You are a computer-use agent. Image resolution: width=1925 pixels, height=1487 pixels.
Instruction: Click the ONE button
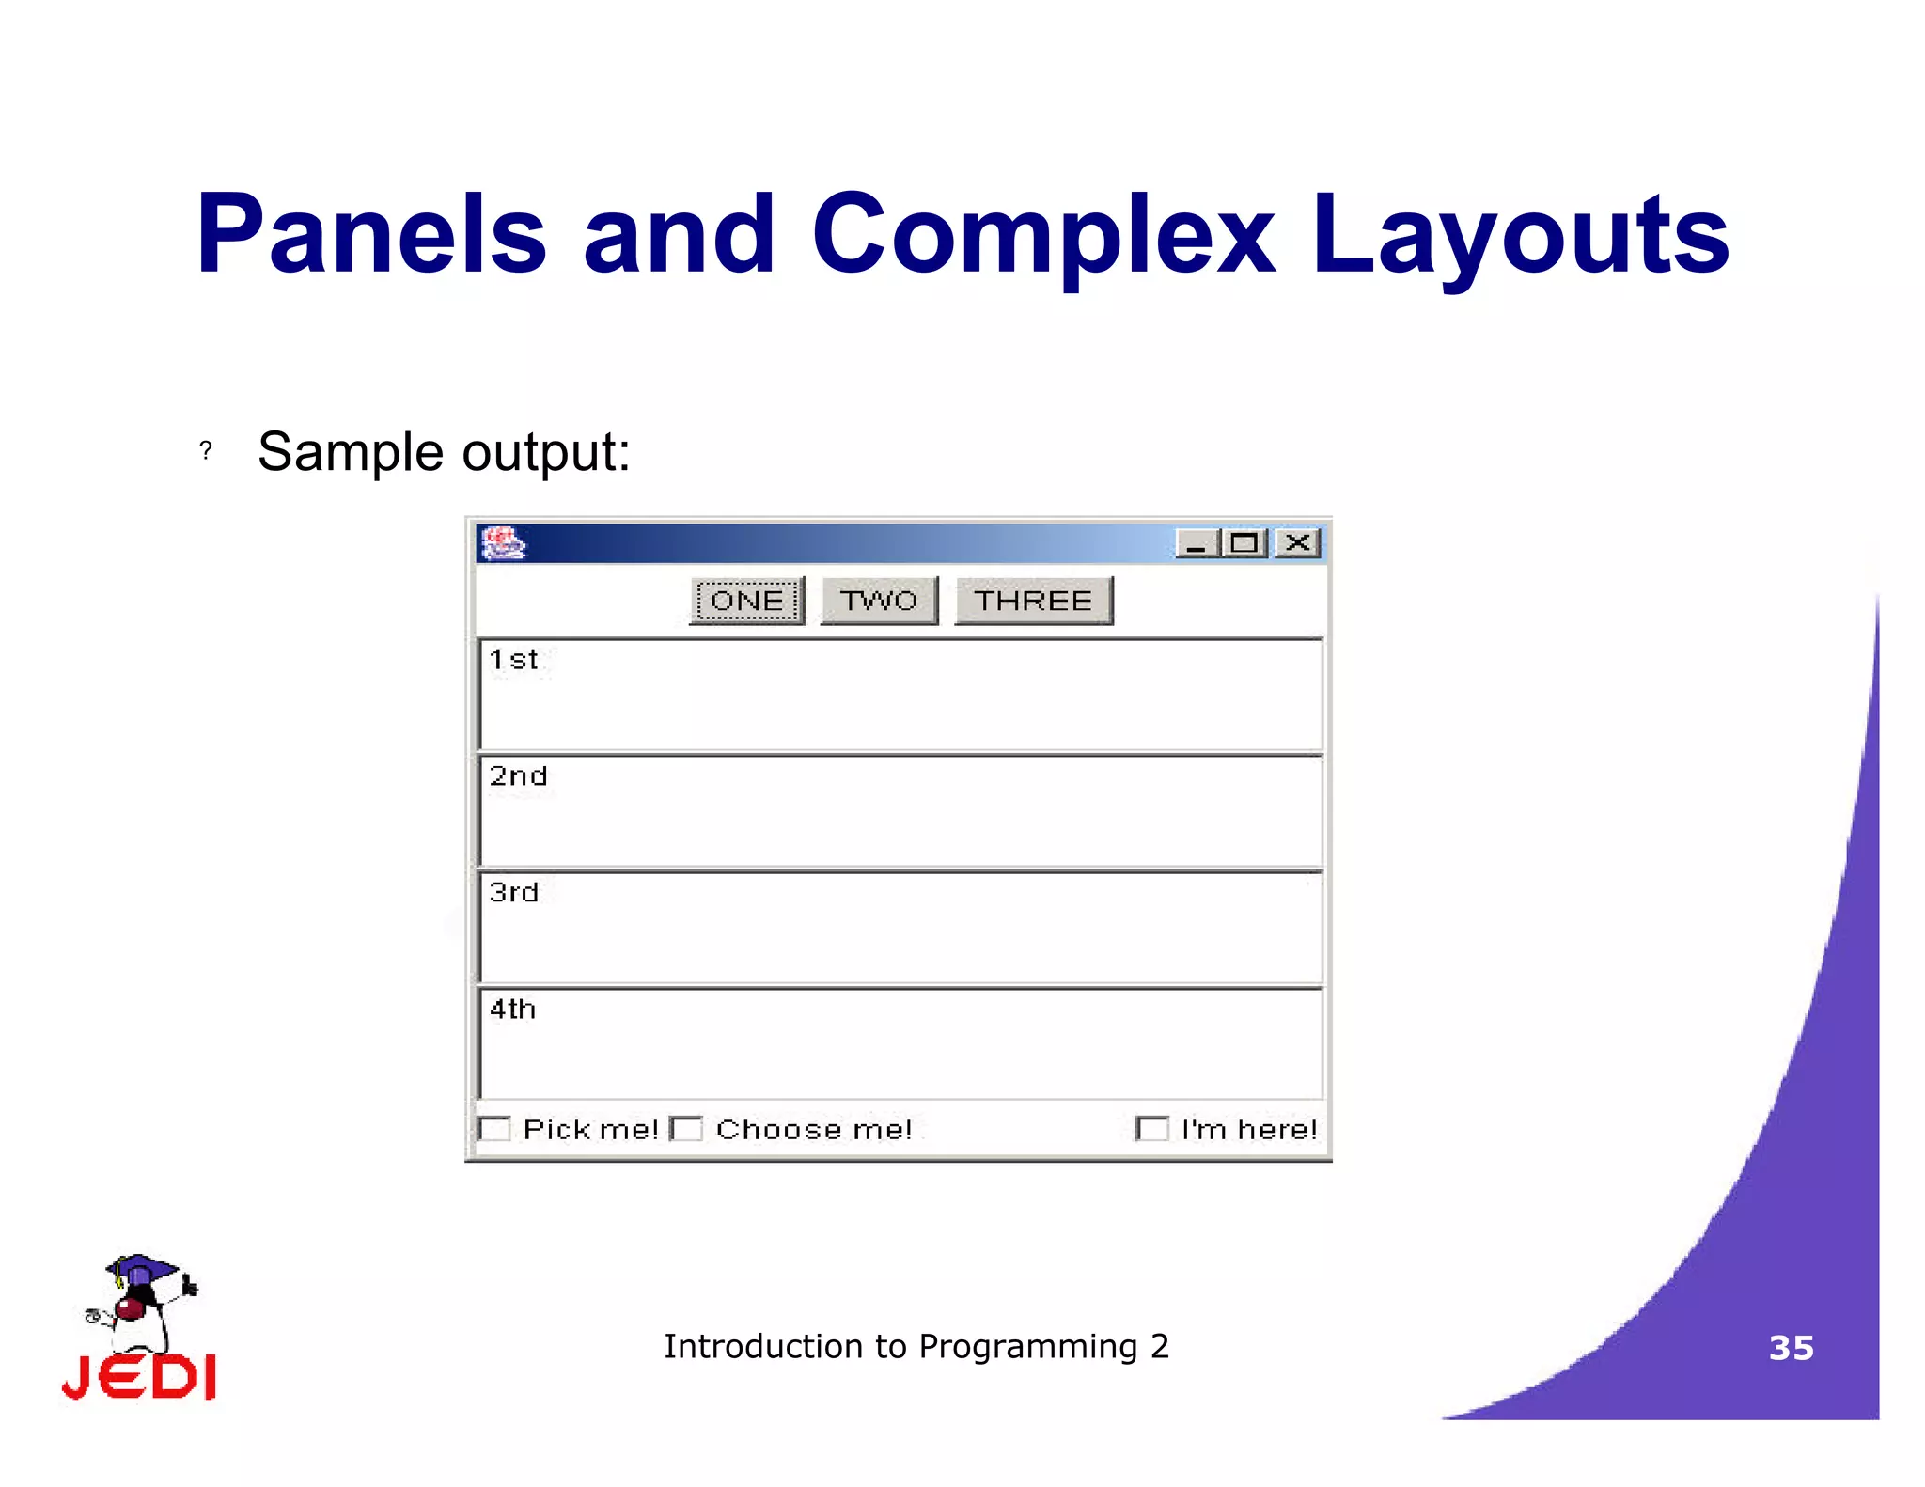(x=747, y=601)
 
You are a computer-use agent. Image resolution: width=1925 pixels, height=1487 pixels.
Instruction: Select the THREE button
(x=1033, y=601)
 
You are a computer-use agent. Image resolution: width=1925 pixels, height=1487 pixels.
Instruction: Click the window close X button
(x=1298, y=542)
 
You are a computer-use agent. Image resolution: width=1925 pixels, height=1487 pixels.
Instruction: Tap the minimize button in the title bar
(x=1197, y=543)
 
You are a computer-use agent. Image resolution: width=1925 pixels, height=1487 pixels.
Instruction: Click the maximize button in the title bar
(x=1245, y=543)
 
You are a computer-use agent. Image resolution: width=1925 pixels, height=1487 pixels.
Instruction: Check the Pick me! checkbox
(x=494, y=1128)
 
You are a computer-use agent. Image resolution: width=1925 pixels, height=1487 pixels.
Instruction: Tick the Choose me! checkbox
(x=687, y=1128)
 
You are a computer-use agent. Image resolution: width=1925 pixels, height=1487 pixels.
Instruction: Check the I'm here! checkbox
(x=1152, y=1128)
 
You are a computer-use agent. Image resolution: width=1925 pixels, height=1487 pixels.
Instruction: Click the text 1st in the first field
(x=513, y=660)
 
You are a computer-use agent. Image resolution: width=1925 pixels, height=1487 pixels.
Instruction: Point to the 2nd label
(x=518, y=776)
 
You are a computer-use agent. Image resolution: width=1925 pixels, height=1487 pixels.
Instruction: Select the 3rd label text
(x=514, y=892)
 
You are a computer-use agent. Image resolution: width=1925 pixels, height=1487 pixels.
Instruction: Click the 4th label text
(x=512, y=1009)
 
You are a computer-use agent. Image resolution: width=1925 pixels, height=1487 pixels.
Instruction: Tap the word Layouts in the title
(x=1519, y=235)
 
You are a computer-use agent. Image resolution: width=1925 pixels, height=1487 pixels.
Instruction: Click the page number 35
(x=1791, y=1348)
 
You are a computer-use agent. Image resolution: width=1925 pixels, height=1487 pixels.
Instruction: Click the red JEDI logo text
(x=139, y=1377)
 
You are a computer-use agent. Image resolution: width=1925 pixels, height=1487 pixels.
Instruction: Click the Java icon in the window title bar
(x=503, y=542)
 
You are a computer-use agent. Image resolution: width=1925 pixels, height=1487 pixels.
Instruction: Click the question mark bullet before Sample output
(x=206, y=451)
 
